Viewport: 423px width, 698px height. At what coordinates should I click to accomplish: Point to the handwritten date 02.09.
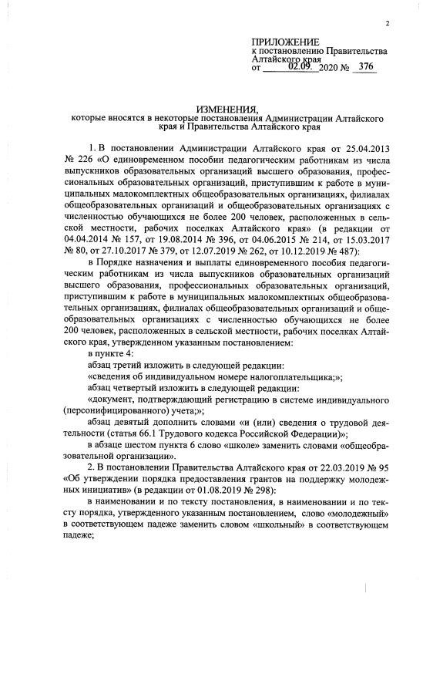pyautogui.click(x=304, y=67)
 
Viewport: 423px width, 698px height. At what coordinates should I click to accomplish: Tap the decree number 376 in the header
pyautogui.click(x=366, y=67)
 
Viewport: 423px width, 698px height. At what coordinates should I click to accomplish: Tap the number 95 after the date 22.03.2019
pyautogui.click(x=388, y=476)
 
